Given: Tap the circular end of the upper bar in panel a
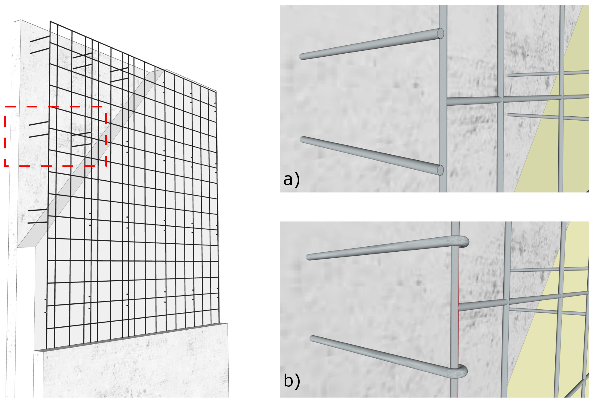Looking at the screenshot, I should pyautogui.click(x=440, y=33).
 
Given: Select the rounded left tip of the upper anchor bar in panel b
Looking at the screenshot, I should pyautogui.click(x=309, y=257).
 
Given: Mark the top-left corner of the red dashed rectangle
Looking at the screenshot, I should pyautogui.click(x=5, y=107).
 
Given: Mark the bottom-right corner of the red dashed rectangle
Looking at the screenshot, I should pyautogui.click(x=106, y=166).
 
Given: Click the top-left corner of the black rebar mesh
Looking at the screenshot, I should pyautogui.click(x=50, y=22).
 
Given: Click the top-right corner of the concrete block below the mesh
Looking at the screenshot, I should pyautogui.click(x=227, y=323).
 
